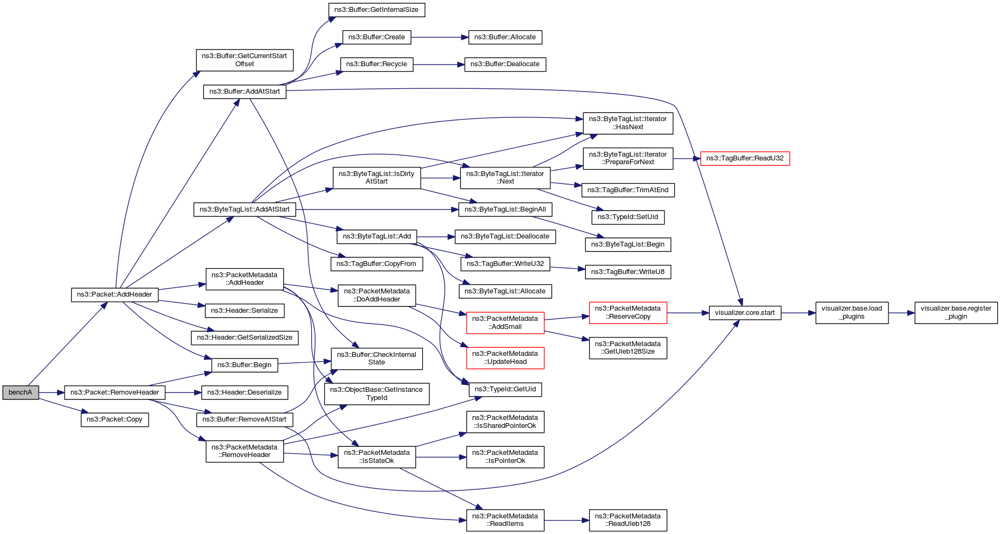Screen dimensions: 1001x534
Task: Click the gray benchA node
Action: coord(20,392)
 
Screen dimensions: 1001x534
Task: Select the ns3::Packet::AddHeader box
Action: coord(115,294)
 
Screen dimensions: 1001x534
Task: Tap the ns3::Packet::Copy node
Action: coord(115,419)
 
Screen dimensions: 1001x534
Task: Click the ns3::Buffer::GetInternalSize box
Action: coord(376,10)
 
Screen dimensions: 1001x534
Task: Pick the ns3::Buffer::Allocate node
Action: coord(505,37)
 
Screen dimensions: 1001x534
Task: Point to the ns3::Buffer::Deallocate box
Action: coord(505,64)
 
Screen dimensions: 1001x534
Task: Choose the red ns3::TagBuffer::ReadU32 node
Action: coord(745,158)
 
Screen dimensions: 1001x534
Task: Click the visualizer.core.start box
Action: coord(745,313)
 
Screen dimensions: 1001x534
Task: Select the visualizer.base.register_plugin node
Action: coord(956,313)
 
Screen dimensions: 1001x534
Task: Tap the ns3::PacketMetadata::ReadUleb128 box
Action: coord(628,520)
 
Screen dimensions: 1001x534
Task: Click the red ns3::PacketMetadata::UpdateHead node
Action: coord(505,358)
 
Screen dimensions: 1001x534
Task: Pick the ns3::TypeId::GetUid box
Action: coord(505,389)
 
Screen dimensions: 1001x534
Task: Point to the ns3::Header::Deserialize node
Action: coord(244,392)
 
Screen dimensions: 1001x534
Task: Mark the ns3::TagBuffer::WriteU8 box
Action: coord(628,272)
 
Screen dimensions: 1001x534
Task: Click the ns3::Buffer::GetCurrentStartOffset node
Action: coord(244,60)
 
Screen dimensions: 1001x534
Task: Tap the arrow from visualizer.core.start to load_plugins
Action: coord(798,313)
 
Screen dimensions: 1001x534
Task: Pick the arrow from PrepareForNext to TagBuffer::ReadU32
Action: coord(687,158)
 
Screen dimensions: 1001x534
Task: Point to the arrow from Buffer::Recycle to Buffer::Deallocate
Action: coord(439,65)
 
